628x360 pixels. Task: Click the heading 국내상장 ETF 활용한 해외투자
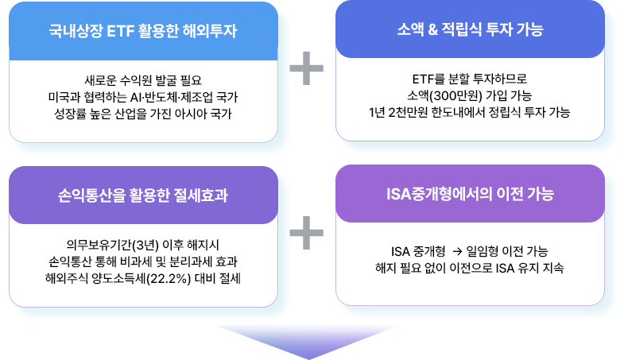click(143, 31)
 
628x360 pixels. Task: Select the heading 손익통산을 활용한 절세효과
click(143, 195)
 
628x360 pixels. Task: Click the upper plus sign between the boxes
click(306, 70)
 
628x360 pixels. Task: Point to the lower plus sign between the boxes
click(306, 234)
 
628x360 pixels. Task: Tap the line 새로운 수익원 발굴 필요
click(143, 79)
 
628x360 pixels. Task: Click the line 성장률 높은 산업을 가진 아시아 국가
click(143, 113)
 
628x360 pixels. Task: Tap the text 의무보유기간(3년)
click(109, 244)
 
